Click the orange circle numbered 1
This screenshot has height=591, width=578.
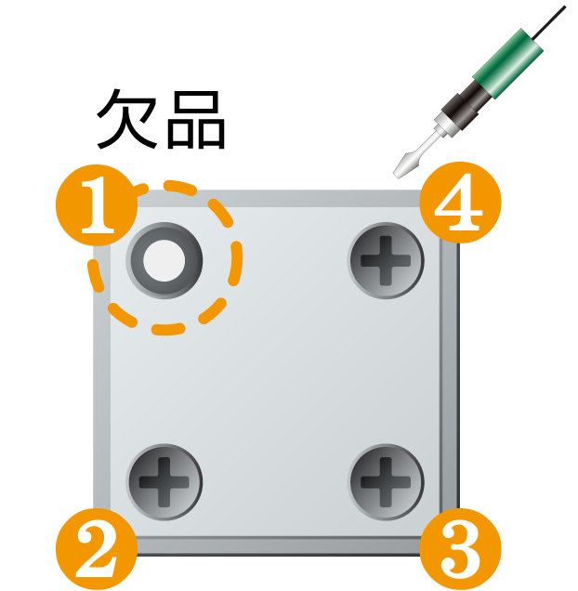tap(97, 205)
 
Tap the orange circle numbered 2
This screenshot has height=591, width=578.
tap(97, 549)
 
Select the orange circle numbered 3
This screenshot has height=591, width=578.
tap(460, 549)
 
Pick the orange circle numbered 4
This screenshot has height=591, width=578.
tap(460, 203)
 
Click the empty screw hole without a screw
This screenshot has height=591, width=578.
tap(164, 260)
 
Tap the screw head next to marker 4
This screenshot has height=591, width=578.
tap(386, 260)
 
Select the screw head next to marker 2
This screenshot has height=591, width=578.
tap(164, 482)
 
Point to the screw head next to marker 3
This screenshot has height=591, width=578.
tap(386, 482)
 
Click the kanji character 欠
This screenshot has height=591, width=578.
tap(127, 119)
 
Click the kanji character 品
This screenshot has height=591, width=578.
tap(196, 120)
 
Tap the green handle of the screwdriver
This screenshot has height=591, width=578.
tap(508, 63)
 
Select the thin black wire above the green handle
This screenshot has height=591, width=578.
tap(547, 22)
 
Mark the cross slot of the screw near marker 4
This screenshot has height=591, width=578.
tap(386, 260)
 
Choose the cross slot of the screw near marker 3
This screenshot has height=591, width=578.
tap(386, 482)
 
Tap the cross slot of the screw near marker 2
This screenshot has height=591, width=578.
tap(164, 482)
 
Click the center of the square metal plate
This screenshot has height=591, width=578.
tap(276, 373)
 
